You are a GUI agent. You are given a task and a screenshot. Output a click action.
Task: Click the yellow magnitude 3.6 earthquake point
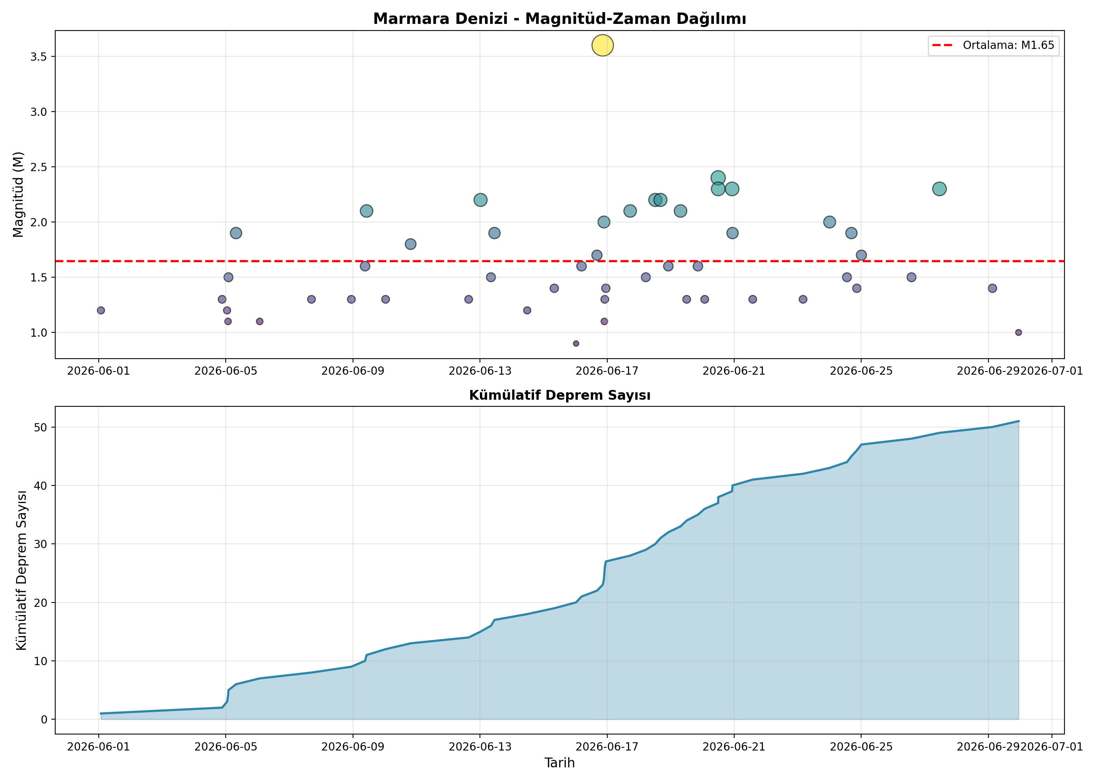pos(602,45)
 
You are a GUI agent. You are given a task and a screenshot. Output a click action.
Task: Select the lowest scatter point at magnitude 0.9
pos(576,343)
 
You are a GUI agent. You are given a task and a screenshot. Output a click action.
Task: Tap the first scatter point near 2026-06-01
pos(101,310)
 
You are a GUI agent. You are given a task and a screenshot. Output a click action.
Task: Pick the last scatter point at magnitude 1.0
pos(1018,332)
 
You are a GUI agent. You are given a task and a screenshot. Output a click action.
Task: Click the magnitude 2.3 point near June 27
pos(939,189)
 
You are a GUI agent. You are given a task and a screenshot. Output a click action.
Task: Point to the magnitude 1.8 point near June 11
pos(411,244)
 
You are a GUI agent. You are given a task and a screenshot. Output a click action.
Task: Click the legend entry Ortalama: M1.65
pos(994,45)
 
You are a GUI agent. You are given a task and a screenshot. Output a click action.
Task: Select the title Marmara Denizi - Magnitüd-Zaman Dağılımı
pos(559,19)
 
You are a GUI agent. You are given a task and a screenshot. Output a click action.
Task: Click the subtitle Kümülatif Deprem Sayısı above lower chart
pos(559,395)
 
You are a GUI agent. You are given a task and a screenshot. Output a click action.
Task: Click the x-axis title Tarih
pos(559,762)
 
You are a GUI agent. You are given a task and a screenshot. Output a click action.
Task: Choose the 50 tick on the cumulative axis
pos(42,427)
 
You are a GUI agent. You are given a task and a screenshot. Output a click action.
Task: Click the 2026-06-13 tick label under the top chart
pos(480,371)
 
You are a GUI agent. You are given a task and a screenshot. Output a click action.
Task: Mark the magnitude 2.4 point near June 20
pos(718,177)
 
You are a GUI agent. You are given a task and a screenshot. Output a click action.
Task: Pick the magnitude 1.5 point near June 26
pos(911,277)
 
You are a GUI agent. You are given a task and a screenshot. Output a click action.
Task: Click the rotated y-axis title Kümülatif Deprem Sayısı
pos(21,570)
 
